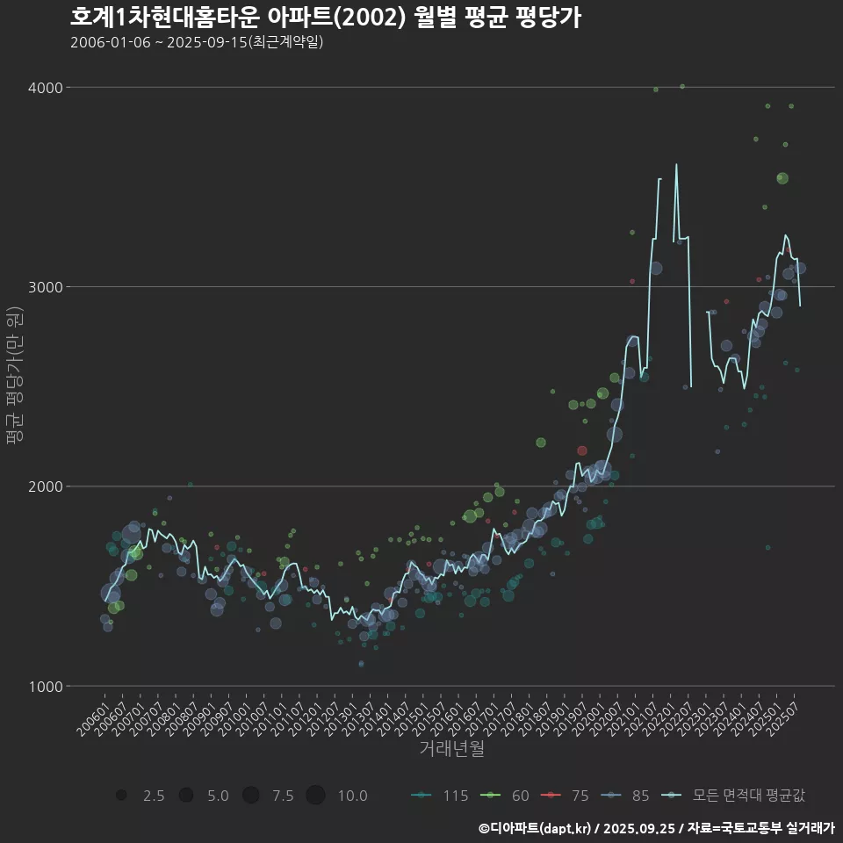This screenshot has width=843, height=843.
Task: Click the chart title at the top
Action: pyautogui.click(x=325, y=18)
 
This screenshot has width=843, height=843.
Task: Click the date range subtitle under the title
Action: pyautogui.click(x=197, y=42)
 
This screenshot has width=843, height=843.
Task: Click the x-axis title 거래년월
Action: pyautogui.click(x=451, y=748)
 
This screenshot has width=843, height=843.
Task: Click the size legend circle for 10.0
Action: pyautogui.click(x=316, y=796)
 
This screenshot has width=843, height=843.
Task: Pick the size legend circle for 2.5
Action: pyautogui.click(x=121, y=796)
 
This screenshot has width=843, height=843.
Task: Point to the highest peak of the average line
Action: pyautogui.click(x=676, y=164)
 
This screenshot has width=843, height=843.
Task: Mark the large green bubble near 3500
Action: pyautogui.click(x=782, y=178)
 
